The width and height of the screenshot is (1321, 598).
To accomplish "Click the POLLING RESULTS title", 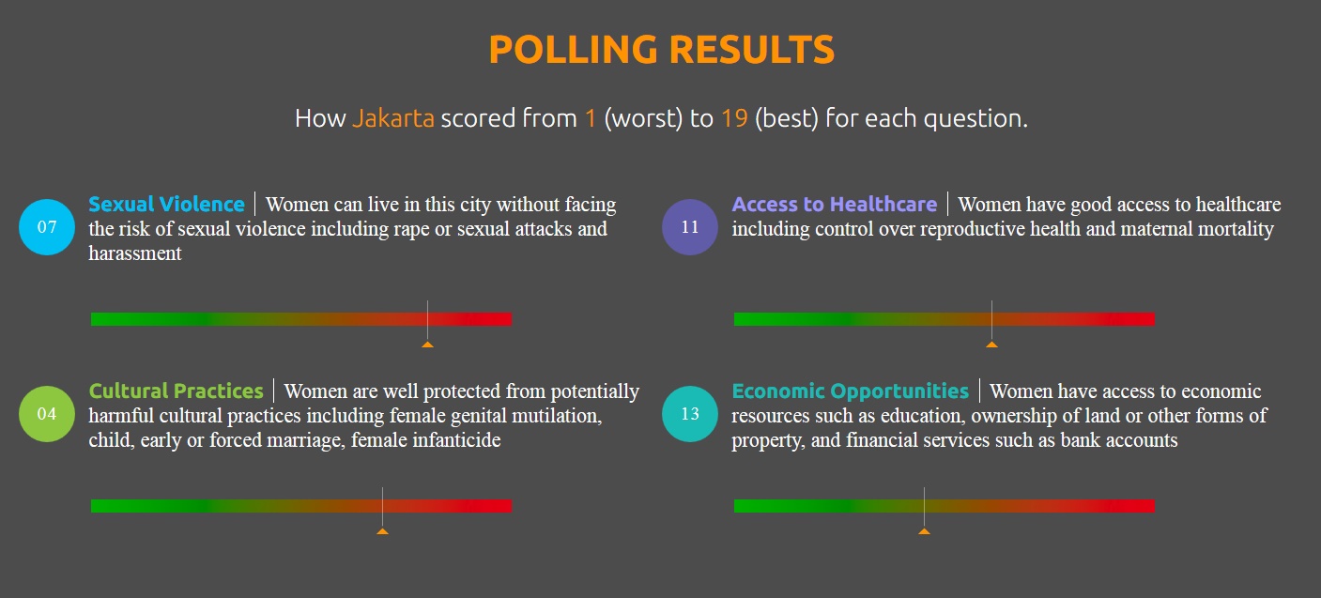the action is (x=662, y=49).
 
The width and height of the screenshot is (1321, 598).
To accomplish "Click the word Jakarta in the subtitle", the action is (x=393, y=118).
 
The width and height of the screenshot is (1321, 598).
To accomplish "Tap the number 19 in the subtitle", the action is (x=734, y=118).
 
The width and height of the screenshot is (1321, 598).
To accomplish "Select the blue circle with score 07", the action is (x=47, y=227).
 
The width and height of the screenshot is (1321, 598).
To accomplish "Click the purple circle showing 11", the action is (x=690, y=227).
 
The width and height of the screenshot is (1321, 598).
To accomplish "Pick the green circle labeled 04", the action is (x=47, y=414).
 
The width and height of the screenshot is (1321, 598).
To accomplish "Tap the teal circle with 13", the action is (x=690, y=414).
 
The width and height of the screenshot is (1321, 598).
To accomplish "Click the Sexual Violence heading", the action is (x=166, y=204).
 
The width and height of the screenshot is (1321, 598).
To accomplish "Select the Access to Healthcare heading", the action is (x=835, y=204).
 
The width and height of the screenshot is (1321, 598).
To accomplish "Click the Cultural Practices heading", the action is (x=176, y=391).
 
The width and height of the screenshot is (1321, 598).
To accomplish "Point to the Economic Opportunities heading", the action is (x=850, y=391).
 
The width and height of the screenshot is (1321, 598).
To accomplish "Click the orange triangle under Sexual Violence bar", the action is (x=427, y=345).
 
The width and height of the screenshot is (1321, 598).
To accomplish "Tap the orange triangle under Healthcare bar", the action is (x=992, y=345).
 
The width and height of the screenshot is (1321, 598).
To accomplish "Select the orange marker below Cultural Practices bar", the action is (x=382, y=531).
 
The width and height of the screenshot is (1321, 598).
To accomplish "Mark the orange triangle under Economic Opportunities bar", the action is (x=924, y=531).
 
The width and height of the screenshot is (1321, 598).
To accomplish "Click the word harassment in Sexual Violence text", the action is (x=135, y=253).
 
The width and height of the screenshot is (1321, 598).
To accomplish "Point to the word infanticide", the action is (x=456, y=440).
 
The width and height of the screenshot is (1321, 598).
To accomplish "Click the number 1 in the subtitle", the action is (x=591, y=118).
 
